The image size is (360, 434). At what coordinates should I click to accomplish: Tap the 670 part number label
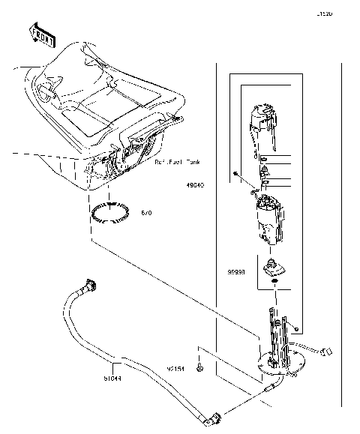(x=146, y=214)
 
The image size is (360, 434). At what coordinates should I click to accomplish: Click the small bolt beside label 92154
(x=200, y=369)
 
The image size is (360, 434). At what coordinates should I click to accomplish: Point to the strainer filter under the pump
(x=273, y=266)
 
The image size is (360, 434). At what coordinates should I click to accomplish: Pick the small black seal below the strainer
(x=274, y=283)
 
